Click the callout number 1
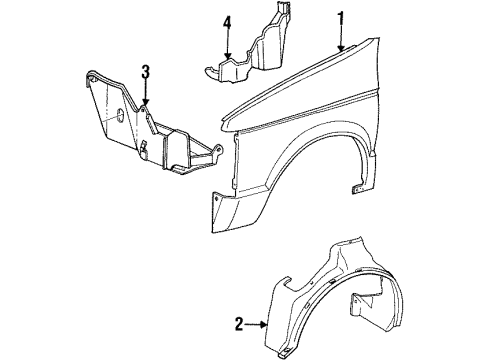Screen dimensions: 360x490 coord(341,17)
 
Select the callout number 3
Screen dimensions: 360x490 coord(146,71)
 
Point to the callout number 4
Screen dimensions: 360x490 coord(227,22)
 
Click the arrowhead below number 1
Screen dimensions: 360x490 coord(342,49)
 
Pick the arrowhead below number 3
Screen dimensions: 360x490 coord(146,104)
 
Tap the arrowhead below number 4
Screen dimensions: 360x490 coord(227,58)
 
